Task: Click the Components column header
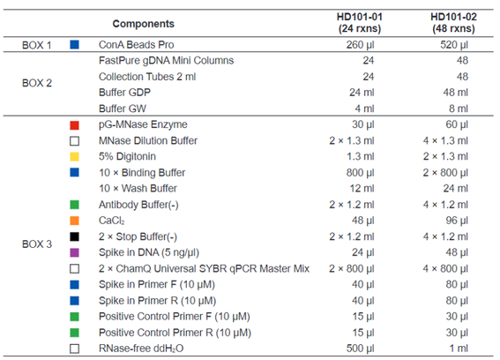(x=144, y=24)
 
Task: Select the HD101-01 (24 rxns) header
(x=360, y=23)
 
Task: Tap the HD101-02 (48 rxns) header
(x=453, y=23)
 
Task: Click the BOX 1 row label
(x=37, y=45)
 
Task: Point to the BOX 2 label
(x=37, y=83)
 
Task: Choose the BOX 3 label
(x=37, y=244)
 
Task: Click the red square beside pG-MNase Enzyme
(x=75, y=125)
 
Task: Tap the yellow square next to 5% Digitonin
(x=75, y=157)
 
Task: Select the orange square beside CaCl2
(x=75, y=221)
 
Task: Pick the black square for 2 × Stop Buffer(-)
(x=75, y=236)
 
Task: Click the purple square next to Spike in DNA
(x=75, y=252)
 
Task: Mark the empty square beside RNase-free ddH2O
(x=75, y=349)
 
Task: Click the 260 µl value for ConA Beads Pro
(x=360, y=45)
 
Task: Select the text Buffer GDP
(x=124, y=93)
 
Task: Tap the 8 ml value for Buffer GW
(x=459, y=109)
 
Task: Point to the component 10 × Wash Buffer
(x=138, y=189)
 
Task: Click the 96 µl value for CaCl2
(x=457, y=221)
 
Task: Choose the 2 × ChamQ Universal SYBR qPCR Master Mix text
(x=204, y=269)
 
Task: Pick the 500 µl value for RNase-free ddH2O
(x=360, y=349)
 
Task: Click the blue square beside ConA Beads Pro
(x=75, y=45)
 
